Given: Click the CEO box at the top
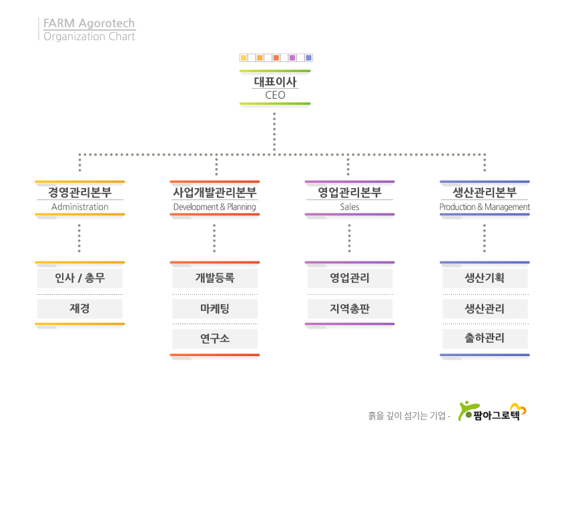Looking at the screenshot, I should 275,88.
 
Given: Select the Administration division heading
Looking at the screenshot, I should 79,198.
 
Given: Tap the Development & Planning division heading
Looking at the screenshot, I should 214,198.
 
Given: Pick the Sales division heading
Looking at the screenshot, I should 349,198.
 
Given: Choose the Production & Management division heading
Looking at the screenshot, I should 485,198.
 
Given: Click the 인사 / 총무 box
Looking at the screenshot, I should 79,278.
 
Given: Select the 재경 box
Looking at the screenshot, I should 79,309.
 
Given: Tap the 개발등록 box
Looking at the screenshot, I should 214,278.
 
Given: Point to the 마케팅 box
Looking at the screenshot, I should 214,309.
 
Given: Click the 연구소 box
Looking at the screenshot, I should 214,339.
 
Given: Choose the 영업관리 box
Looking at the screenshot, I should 350,278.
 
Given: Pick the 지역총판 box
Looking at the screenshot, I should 350,309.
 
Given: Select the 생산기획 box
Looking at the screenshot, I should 485,278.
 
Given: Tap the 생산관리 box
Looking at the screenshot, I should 485,309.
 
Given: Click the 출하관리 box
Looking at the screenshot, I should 485,339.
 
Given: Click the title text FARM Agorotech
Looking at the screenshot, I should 89,24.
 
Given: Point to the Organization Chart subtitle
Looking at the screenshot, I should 89,37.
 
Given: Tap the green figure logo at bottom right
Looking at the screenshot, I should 467,410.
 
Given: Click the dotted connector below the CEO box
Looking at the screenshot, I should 274,132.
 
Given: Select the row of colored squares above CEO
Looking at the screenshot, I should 275,58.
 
